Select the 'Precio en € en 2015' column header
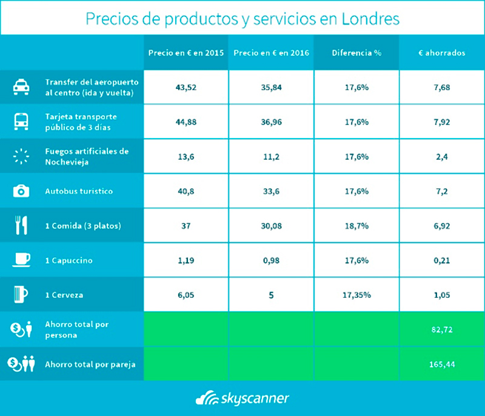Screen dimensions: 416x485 click(x=186, y=53)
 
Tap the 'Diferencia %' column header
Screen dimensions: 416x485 click(x=356, y=53)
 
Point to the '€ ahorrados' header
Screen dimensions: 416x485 click(x=441, y=53)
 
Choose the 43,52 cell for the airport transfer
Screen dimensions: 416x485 click(x=186, y=87)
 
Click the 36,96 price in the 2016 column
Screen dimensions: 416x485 click(x=271, y=121)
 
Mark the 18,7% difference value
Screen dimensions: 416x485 click(x=356, y=226)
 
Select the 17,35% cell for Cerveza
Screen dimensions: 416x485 click(x=356, y=295)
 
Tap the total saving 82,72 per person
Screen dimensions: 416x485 click(x=441, y=329)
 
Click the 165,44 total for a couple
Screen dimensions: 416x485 click(x=441, y=364)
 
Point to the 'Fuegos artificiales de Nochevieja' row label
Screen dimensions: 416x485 click(x=87, y=156)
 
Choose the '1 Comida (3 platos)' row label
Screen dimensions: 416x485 click(x=84, y=226)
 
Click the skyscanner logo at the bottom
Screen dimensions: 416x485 click(x=242, y=398)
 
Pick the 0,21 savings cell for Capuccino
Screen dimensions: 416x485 click(x=441, y=260)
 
